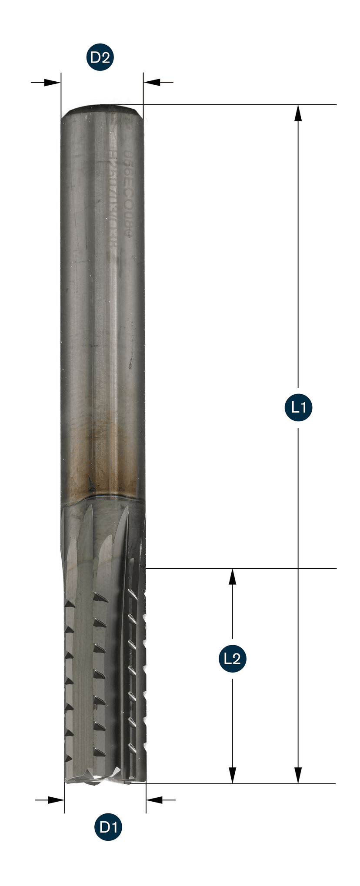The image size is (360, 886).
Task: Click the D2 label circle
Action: tap(100, 57)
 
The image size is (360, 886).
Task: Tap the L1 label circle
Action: tap(298, 407)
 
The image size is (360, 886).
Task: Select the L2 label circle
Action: tap(232, 658)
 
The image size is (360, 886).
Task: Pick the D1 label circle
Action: tap(108, 827)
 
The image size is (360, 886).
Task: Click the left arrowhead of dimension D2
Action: tap(52, 82)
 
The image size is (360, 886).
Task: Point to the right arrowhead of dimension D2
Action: tap(152, 82)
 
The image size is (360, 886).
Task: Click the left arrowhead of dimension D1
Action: tap(56, 799)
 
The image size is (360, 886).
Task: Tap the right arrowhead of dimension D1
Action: tap(154, 799)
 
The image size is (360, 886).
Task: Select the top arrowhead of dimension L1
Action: tap(298, 113)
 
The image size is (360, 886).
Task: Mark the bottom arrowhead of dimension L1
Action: tap(298, 776)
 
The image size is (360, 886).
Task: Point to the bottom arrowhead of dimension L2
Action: tap(233, 776)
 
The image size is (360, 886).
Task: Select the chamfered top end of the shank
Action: tap(102, 110)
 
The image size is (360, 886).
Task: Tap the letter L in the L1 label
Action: tap(294, 407)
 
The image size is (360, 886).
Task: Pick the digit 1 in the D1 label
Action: tap(114, 827)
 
